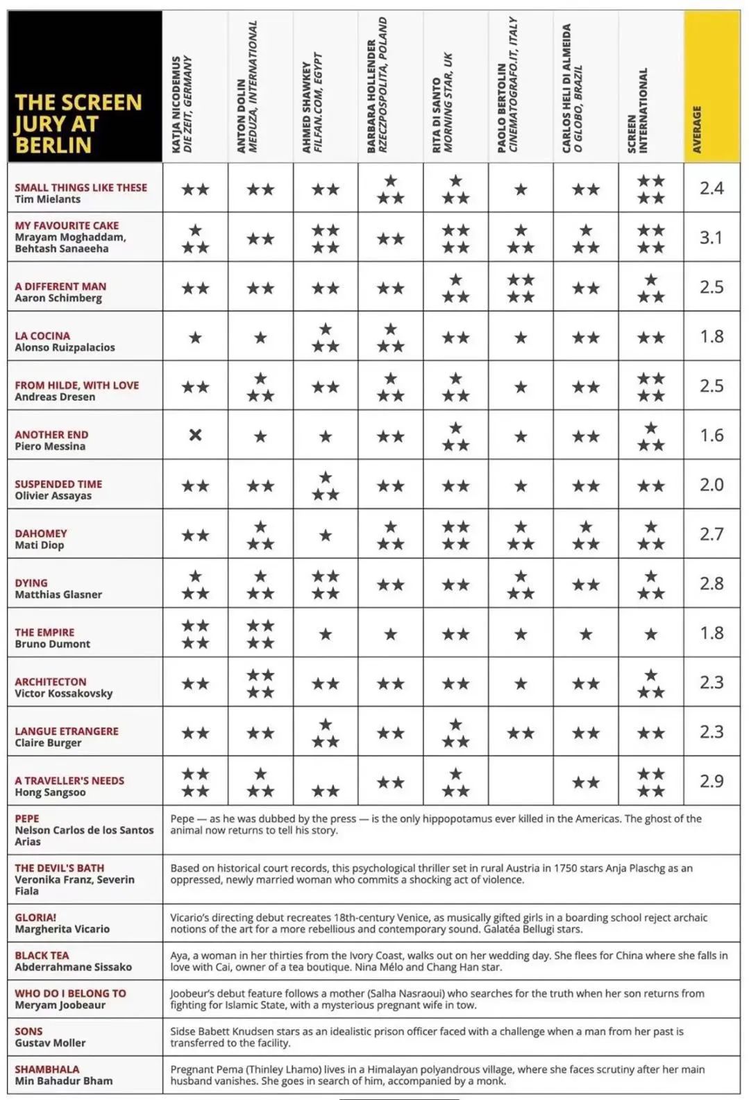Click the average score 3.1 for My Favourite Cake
click(712, 238)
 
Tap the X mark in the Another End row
click(195, 435)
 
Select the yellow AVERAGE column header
click(712, 87)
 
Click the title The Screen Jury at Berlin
click(78, 123)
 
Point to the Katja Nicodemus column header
click(182, 104)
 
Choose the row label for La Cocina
click(65, 341)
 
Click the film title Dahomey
click(41, 533)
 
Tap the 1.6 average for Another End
click(712, 436)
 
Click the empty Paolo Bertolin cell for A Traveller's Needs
click(521, 781)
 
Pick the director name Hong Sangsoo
click(50, 792)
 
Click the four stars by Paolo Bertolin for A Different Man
click(521, 288)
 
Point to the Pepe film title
click(27, 818)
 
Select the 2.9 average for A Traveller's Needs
click(712, 782)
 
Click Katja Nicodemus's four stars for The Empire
click(195, 634)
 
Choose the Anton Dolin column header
click(246, 87)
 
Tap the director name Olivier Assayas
click(53, 495)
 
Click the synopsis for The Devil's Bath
click(431, 873)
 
